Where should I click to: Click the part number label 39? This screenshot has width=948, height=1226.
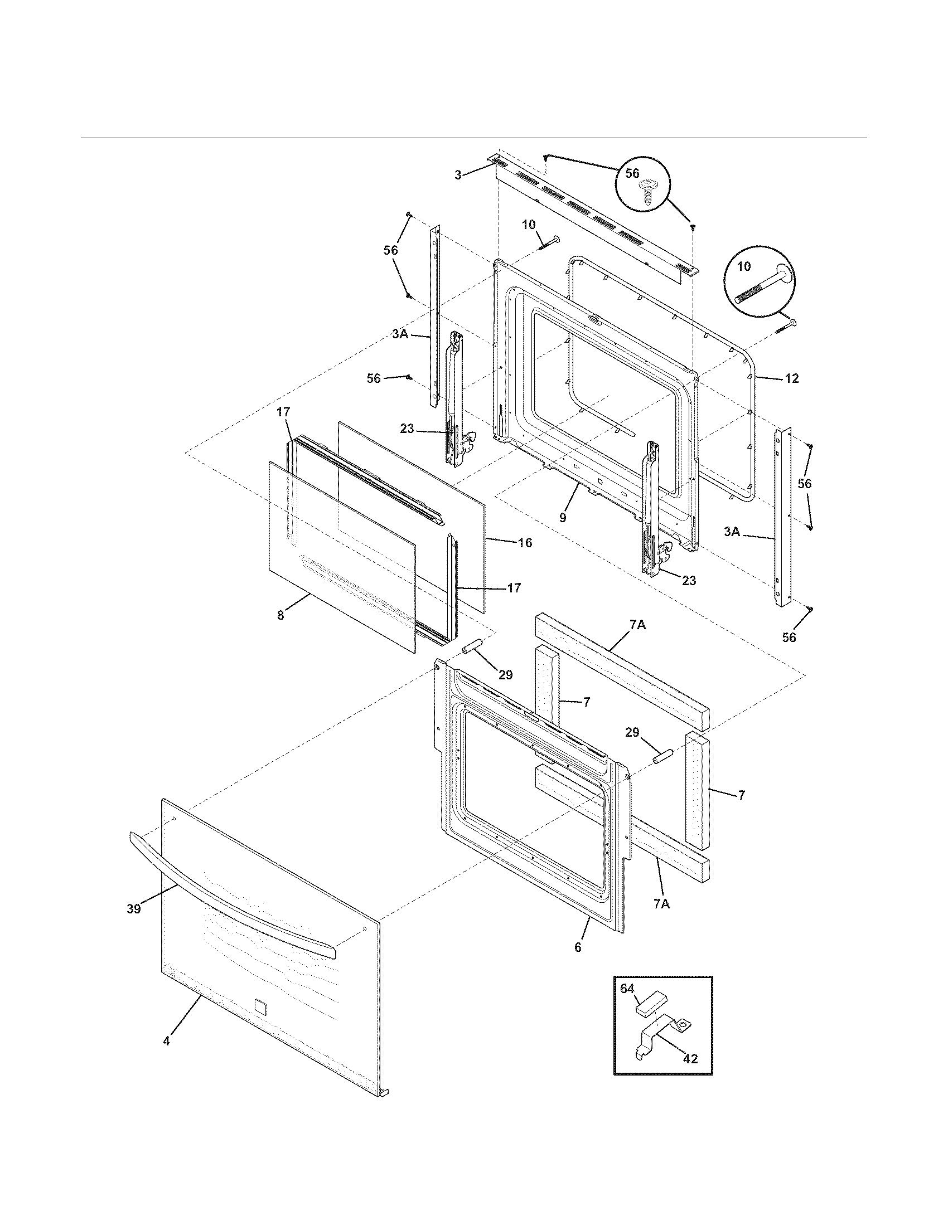[x=133, y=908]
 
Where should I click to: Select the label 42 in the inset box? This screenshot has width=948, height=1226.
[x=690, y=1058]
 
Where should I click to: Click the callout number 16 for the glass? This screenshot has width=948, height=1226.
[x=525, y=543]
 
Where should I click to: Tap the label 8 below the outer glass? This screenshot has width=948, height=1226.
[x=280, y=615]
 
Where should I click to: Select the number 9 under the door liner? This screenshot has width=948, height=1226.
[x=563, y=518]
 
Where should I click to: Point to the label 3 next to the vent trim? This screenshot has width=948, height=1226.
[x=458, y=175]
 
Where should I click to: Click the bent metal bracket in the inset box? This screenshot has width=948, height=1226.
[x=657, y=1033]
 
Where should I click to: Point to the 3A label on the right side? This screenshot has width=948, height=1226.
[x=731, y=531]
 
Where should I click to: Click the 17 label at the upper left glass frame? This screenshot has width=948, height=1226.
[x=283, y=412]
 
